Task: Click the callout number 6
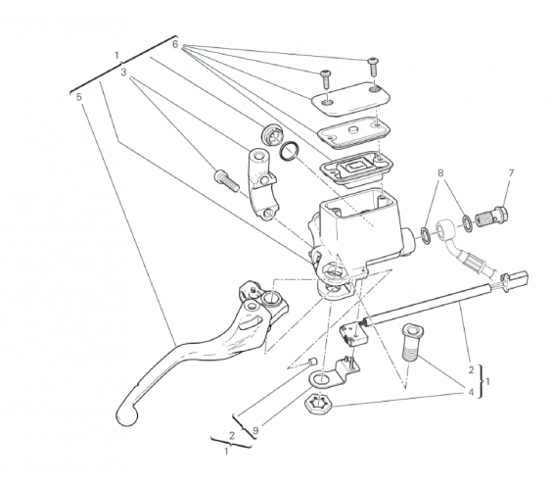[x=175, y=44]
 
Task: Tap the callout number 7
[x=511, y=172]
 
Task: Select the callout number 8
[x=440, y=172]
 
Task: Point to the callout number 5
[x=79, y=97]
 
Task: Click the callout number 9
[x=255, y=430]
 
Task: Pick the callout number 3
[x=123, y=73]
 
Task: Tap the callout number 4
[x=471, y=392]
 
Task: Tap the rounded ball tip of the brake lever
[x=126, y=415]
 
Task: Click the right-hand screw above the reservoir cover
[x=373, y=67]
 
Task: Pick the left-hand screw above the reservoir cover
[x=325, y=79]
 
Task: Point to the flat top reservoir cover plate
[x=350, y=99]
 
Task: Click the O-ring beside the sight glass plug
[x=290, y=151]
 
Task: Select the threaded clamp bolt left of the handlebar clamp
[x=226, y=180]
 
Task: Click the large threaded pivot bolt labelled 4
[x=412, y=342]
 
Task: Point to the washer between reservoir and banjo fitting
[x=426, y=235]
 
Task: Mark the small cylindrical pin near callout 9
[x=312, y=362]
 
